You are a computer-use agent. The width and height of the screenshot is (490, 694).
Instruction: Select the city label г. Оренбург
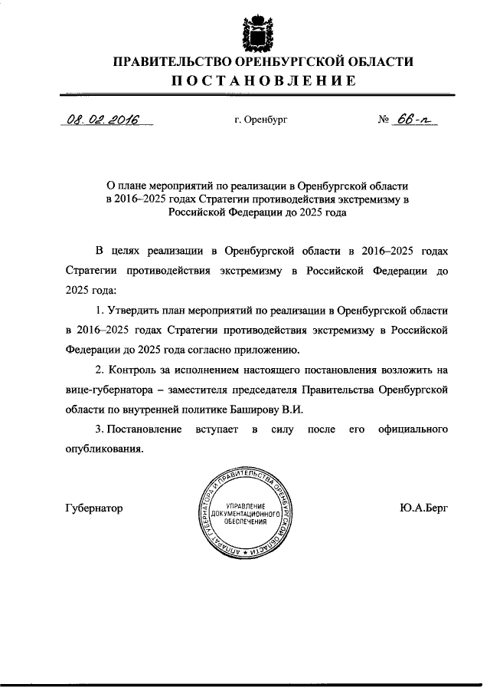pos(262,120)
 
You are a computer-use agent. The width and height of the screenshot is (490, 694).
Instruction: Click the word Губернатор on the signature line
pos(93,508)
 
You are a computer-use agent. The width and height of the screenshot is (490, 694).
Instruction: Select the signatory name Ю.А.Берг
pos(423,508)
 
